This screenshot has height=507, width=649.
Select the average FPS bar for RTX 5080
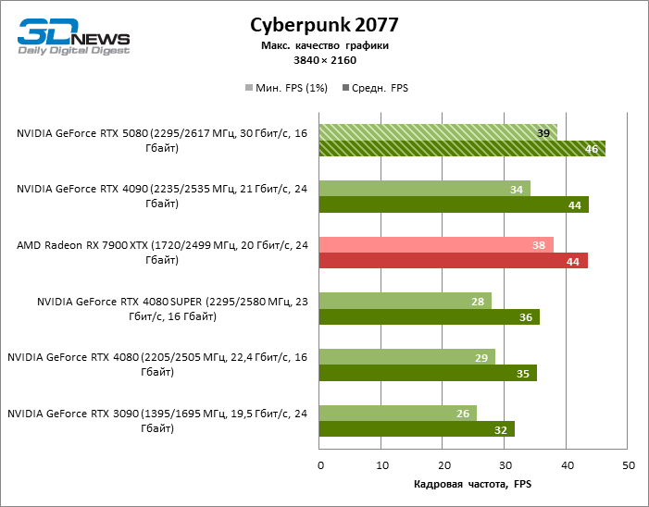(x=461, y=148)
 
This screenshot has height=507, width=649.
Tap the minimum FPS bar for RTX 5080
(x=437, y=131)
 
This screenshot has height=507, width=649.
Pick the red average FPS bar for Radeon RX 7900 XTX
(x=453, y=261)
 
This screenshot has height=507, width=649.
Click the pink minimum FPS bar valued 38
(x=435, y=244)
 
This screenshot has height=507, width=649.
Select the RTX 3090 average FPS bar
(x=416, y=429)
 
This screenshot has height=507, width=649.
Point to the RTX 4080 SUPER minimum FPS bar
(x=405, y=301)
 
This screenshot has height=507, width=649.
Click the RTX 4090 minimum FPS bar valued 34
(x=424, y=188)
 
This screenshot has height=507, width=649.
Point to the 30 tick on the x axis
(x=505, y=465)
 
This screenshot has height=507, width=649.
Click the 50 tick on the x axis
(x=629, y=465)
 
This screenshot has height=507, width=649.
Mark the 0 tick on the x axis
(x=319, y=465)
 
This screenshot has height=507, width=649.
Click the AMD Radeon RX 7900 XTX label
(x=161, y=252)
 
